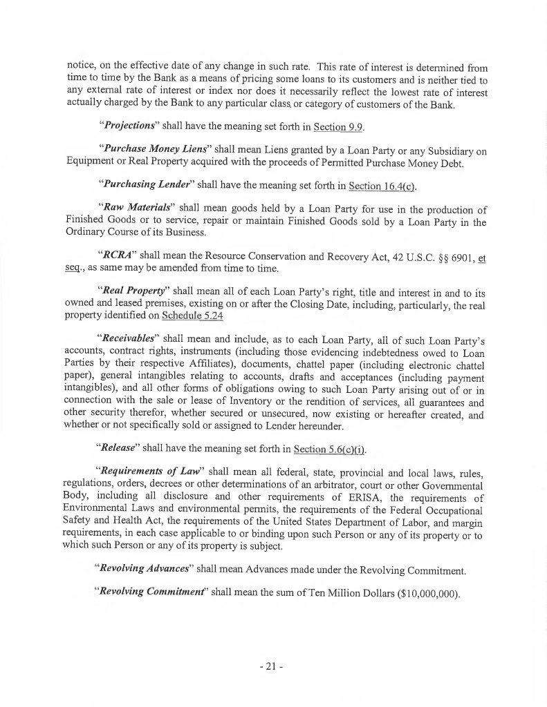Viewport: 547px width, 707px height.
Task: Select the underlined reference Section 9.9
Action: [339, 127]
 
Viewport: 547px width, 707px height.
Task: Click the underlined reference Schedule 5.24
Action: [193, 316]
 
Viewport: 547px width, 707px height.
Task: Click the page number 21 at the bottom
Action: [273, 668]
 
